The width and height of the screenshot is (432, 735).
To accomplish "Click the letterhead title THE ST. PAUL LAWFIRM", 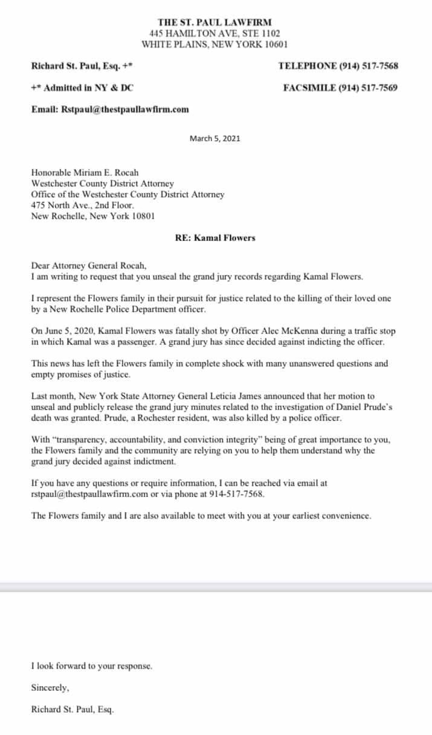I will point(214,22).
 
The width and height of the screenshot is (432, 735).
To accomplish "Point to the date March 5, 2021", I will point(214,138).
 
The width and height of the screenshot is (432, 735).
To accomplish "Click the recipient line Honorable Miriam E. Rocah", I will point(85,173).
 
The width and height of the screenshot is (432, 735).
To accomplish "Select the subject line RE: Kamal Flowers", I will point(214,238).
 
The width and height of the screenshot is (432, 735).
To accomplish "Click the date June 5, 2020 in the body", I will point(66,332).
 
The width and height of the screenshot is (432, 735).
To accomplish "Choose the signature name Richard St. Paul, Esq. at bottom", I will point(72,710).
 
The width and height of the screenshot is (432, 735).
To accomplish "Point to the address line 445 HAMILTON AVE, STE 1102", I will point(214,33).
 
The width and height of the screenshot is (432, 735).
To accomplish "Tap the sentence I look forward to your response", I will point(92,666).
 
